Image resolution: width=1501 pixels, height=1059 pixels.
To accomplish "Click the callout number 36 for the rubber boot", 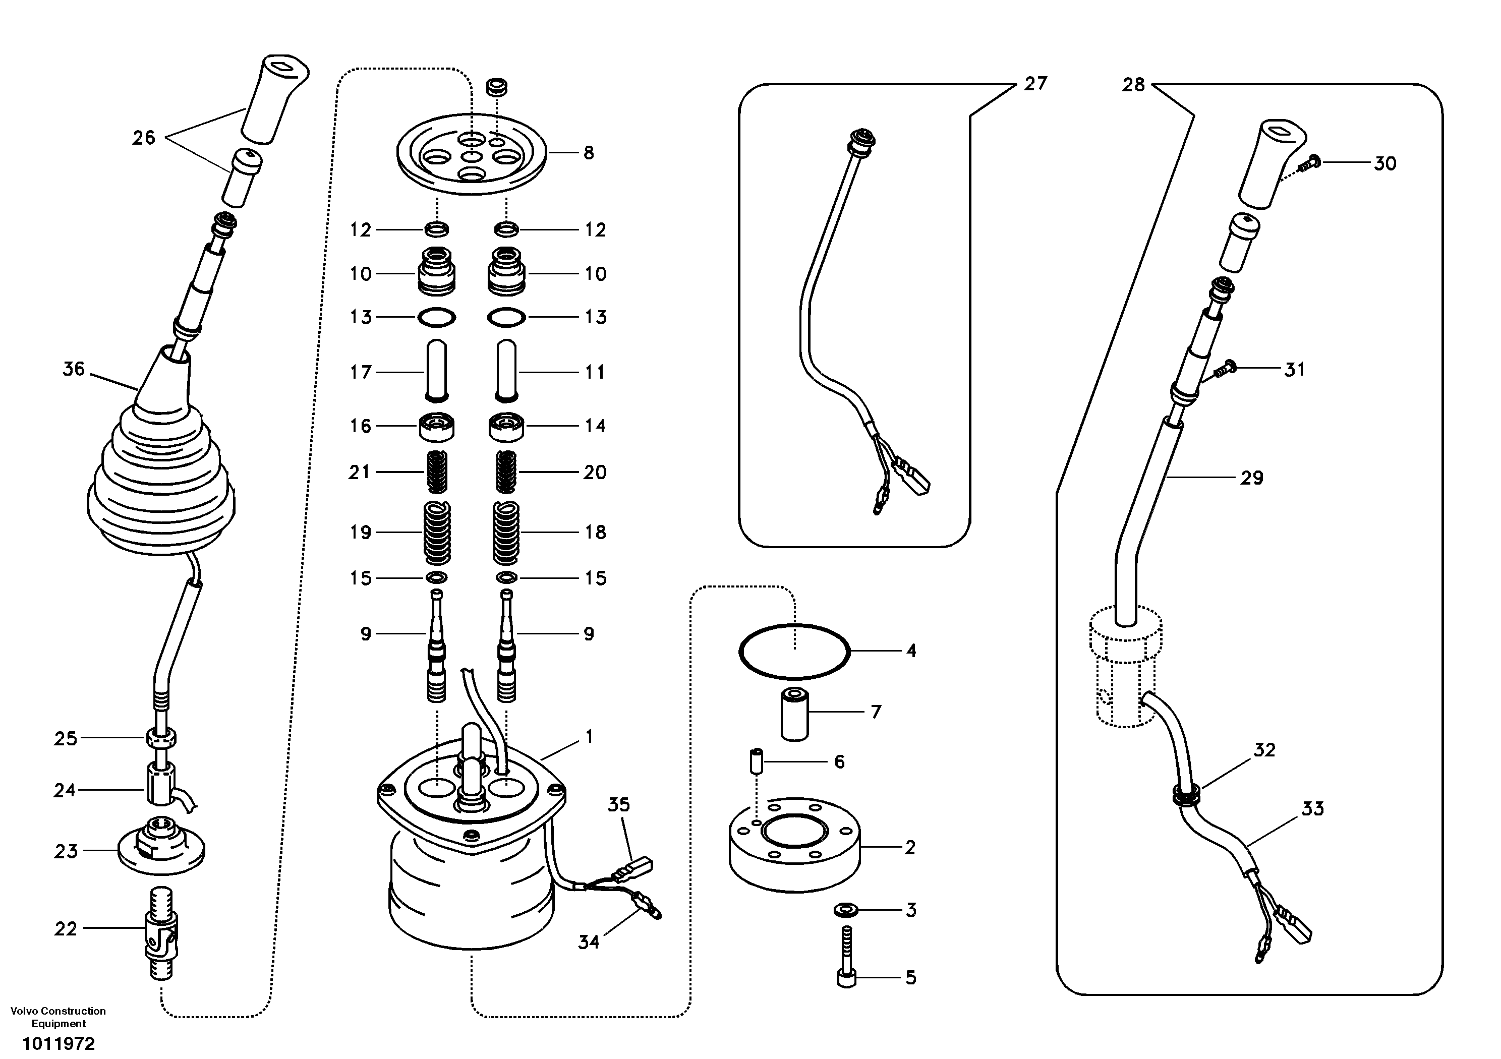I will pos(73,369).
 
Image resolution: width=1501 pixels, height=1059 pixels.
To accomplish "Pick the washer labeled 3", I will pos(847,910).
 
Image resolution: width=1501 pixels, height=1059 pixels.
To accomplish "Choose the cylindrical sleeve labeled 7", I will pos(795,714).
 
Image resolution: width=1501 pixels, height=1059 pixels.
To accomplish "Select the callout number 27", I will pos(1035,84).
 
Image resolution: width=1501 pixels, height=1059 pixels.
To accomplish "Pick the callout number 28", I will pos(1134,85).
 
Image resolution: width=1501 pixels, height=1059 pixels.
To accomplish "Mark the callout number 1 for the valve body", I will pos(589,737).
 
